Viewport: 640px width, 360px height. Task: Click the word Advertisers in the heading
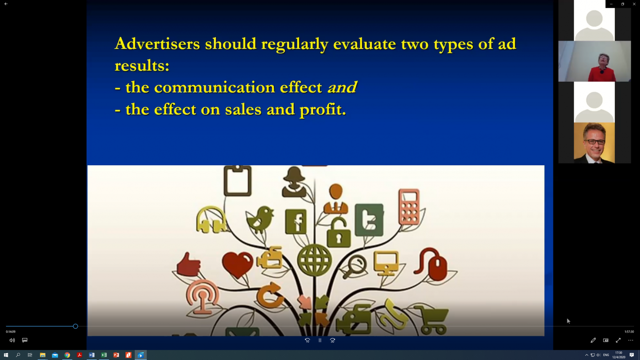(157, 44)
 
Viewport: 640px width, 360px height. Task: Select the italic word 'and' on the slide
(342, 87)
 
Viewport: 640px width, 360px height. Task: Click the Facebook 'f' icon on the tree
(296, 221)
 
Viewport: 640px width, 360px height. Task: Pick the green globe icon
(315, 260)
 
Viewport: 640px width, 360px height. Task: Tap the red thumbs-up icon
(188, 265)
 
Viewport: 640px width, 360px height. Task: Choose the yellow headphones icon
(211, 220)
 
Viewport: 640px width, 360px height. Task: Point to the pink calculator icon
(409, 207)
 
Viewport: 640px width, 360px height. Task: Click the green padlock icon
(338, 233)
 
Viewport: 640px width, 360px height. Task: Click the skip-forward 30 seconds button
(332, 340)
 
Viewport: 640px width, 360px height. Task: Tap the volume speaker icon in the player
(12, 340)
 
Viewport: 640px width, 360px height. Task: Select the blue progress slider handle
(75, 326)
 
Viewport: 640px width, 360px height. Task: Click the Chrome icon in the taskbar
(67, 355)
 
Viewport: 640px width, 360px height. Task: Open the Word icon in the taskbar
(92, 355)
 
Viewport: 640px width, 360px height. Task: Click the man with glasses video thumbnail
(594, 143)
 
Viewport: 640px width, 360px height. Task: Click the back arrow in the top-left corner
(6, 4)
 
